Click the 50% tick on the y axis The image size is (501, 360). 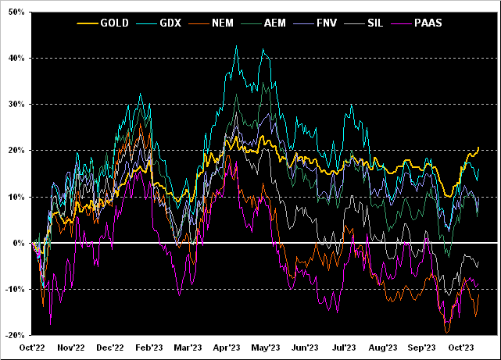pos(14,12)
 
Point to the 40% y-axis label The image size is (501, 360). pos(14,58)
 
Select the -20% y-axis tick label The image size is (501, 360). pos(13,336)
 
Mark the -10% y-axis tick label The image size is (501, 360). pos(13,290)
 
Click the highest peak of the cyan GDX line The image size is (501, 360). pos(237,46)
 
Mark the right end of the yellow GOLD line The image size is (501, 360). pos(478,148)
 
